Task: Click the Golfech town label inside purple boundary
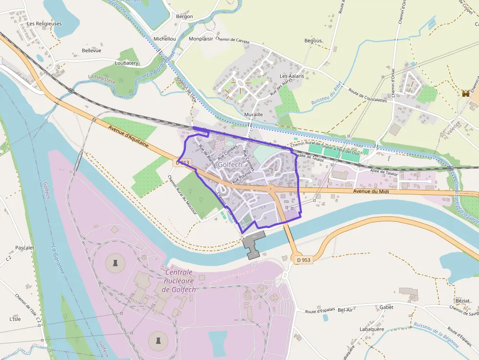coord(229,165)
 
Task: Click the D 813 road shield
coord(183,162)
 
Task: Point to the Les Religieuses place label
coord(44,23)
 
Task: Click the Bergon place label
coord(184,16)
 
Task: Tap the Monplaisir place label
coord(201,39)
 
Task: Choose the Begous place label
coord(313,41)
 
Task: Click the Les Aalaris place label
coord(292,76)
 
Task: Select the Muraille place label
coord(253,114)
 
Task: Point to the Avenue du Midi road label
coord(371,191)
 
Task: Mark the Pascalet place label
coord(25,248)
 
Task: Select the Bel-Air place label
coord(346,310)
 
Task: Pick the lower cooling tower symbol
coord(157,339)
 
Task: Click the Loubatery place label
coord(127,63)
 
